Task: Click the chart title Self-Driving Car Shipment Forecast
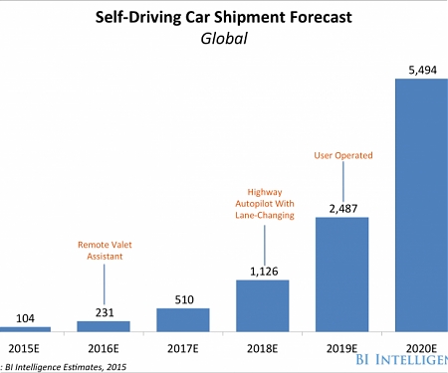[x=224, y=17]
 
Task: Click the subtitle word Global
[x=224, y=39]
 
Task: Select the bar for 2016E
[x=104, y=325]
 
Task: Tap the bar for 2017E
[x=183, y=319]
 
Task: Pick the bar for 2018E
[x=263, y=304]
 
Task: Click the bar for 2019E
[x=342, y=274]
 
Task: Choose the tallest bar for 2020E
[x=421, y=204]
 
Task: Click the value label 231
[x=104, y=310]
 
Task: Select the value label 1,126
[x=263, y=269]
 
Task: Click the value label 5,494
[x=421, y=68]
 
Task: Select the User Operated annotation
[x=342, y=155]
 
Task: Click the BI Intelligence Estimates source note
[x=60, y=365]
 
